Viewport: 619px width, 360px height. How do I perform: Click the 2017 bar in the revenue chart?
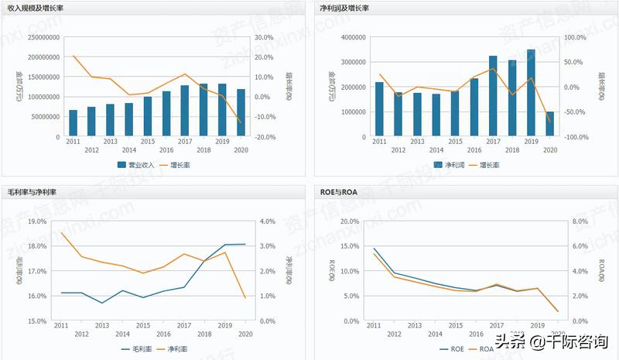[x=185, y=111]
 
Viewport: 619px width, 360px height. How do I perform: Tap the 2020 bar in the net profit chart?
[x=550, y=124]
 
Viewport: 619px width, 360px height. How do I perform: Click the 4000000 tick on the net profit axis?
[x=353, y=37]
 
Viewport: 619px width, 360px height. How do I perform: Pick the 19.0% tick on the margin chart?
[x=36, y=221]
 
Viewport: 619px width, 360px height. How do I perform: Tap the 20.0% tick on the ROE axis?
[x=349, y=221]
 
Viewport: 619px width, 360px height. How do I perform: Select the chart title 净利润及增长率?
[x=344, y=8]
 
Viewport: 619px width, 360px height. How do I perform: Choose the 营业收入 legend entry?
[x=136, y=165]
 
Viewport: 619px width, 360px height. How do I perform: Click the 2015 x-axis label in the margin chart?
[x=143, y=326]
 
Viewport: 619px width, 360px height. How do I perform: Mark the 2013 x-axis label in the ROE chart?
[x=414, y=326]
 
